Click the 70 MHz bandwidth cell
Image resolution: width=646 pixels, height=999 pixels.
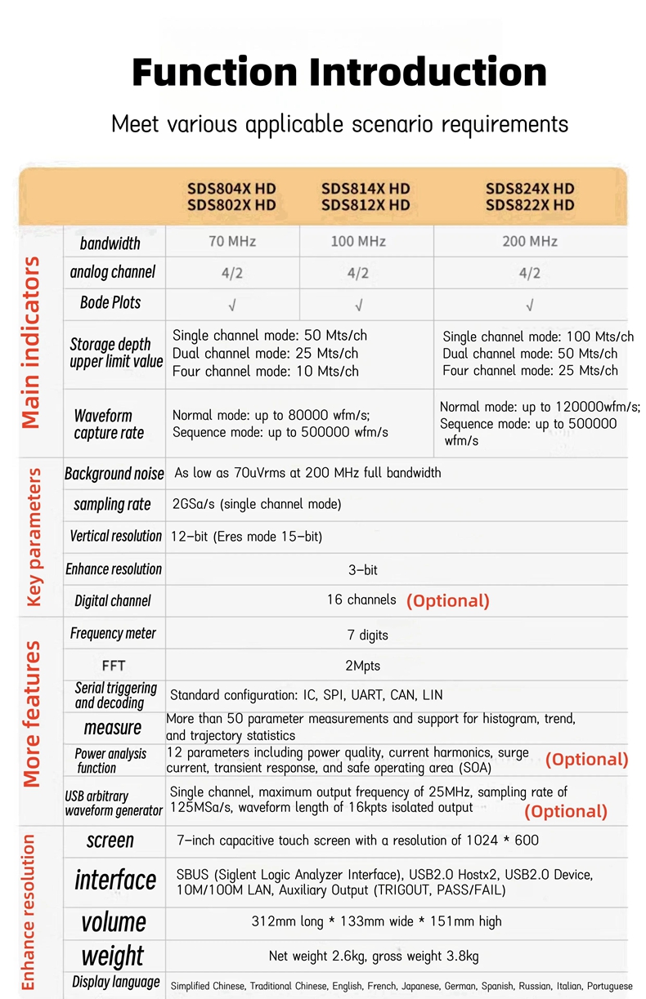point(232,241)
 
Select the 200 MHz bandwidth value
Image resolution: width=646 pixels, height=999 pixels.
point(530,241)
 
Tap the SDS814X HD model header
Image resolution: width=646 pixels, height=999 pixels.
point(366,189)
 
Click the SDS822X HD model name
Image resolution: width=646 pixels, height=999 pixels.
point(530,205)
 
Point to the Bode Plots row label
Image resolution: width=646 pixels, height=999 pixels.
point(110,303)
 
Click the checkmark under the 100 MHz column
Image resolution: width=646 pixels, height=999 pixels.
point(359,305)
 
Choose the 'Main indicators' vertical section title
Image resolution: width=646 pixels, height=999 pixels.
point(31,343)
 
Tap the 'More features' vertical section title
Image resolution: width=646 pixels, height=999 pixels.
point(31,714)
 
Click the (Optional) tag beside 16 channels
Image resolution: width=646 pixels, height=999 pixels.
point(448,601)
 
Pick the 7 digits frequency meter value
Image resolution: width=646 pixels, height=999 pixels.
point(368,635)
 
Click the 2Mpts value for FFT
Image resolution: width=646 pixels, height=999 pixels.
point(363,666)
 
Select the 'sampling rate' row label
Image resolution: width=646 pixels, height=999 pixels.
point(112,505)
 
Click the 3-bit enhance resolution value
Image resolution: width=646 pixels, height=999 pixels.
point(363,570)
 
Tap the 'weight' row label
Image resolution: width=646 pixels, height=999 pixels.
point(113,956)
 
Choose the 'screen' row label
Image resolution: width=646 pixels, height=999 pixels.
point(110,841)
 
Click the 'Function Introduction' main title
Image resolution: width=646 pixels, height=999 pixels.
point(339,73)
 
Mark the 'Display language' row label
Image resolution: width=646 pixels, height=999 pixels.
point(116,982)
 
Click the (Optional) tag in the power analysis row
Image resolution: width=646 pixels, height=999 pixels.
point(586,760)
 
